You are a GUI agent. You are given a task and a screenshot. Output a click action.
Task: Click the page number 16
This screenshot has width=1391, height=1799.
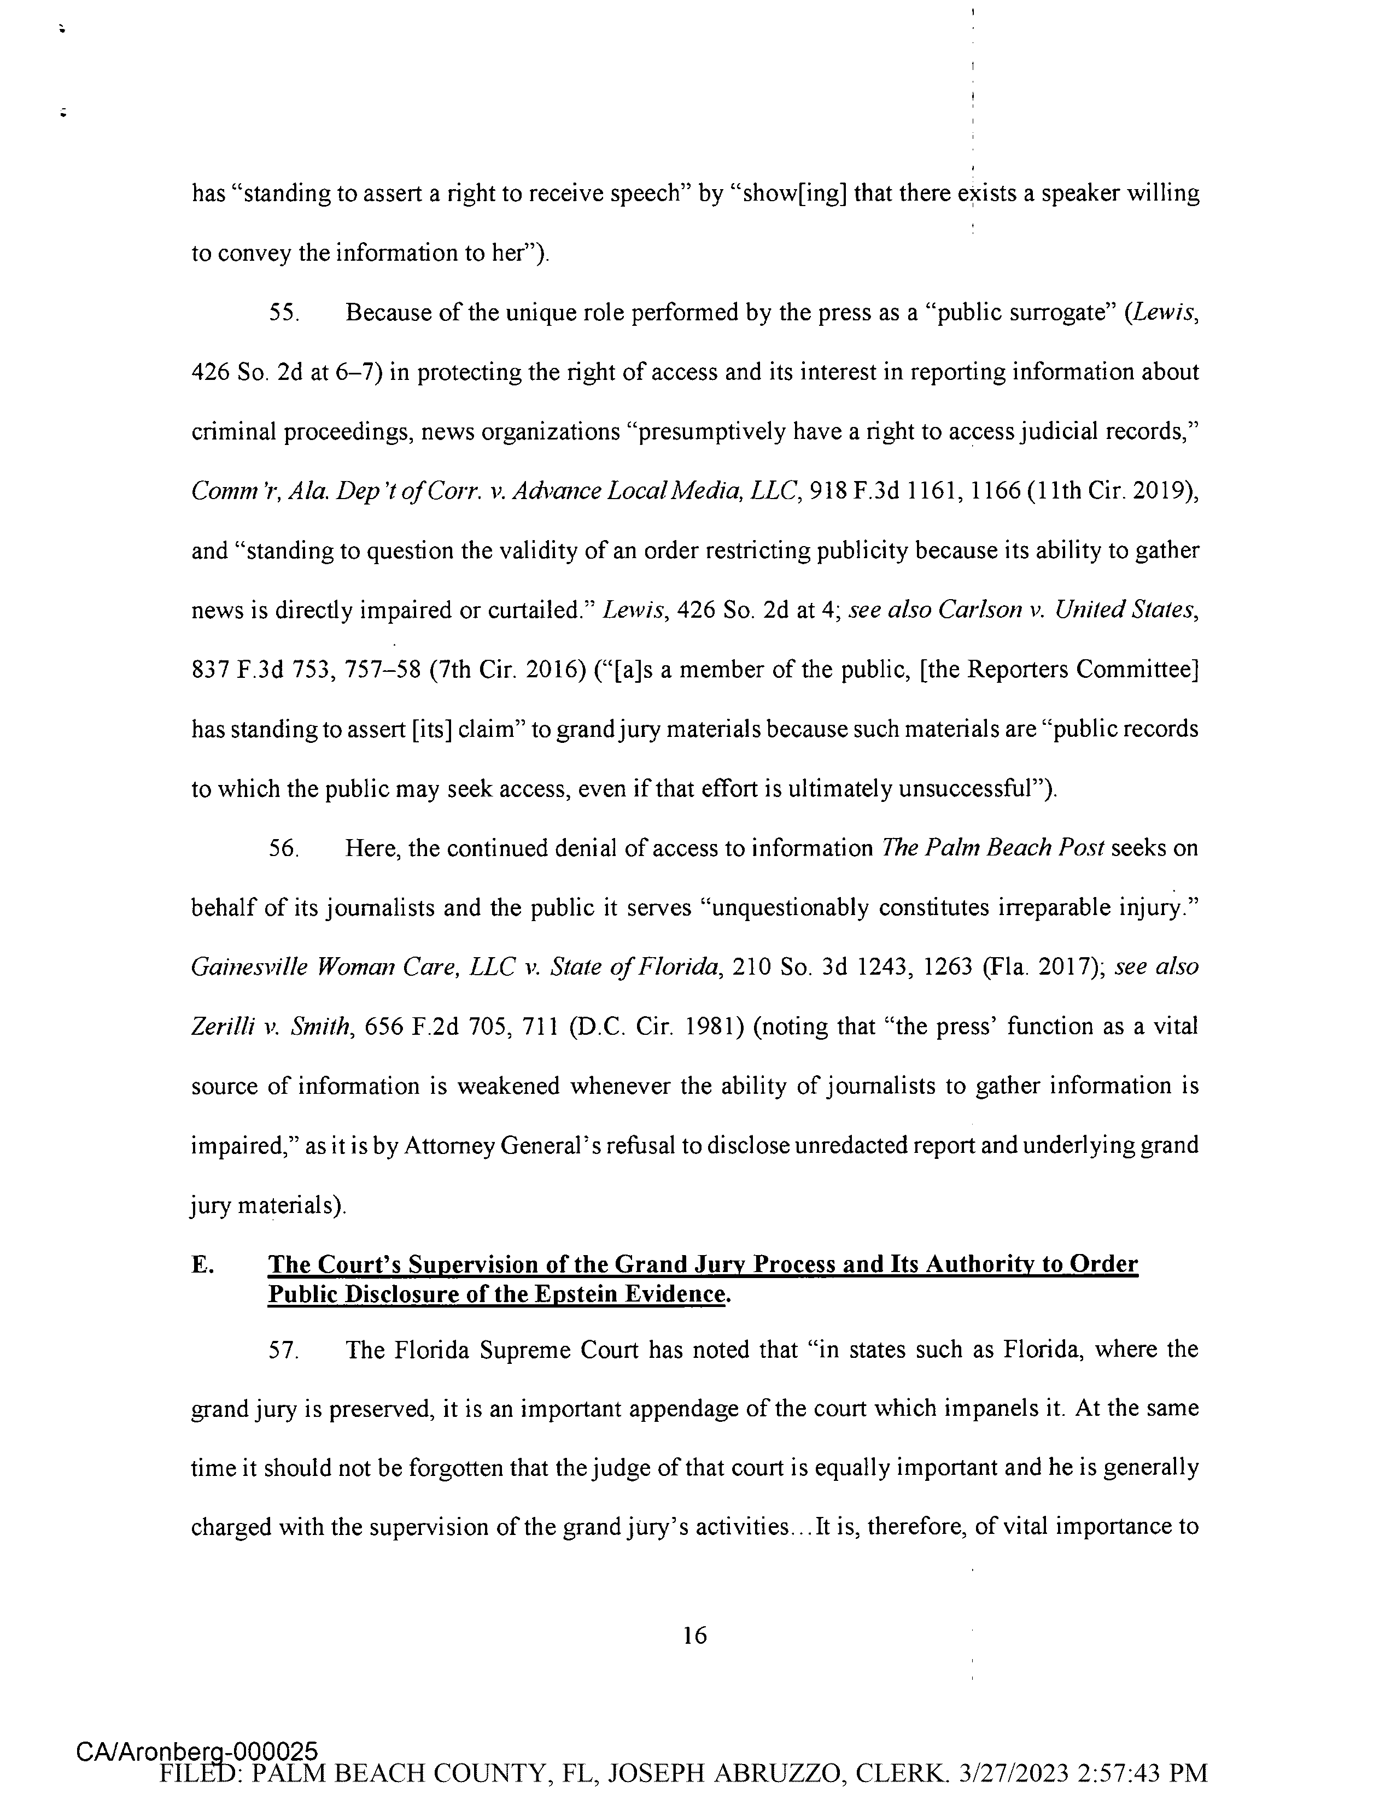tap(694, 1635)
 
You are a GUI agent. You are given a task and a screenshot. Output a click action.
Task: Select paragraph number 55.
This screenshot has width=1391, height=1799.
tap(283, 314)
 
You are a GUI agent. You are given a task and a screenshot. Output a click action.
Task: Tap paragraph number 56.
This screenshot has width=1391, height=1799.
tap(283, 848)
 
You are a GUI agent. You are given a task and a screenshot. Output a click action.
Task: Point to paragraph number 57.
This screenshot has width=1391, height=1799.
tap(283, 1350)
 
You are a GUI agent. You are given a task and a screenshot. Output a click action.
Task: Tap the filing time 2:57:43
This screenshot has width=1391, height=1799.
tap(1125, 1773)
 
